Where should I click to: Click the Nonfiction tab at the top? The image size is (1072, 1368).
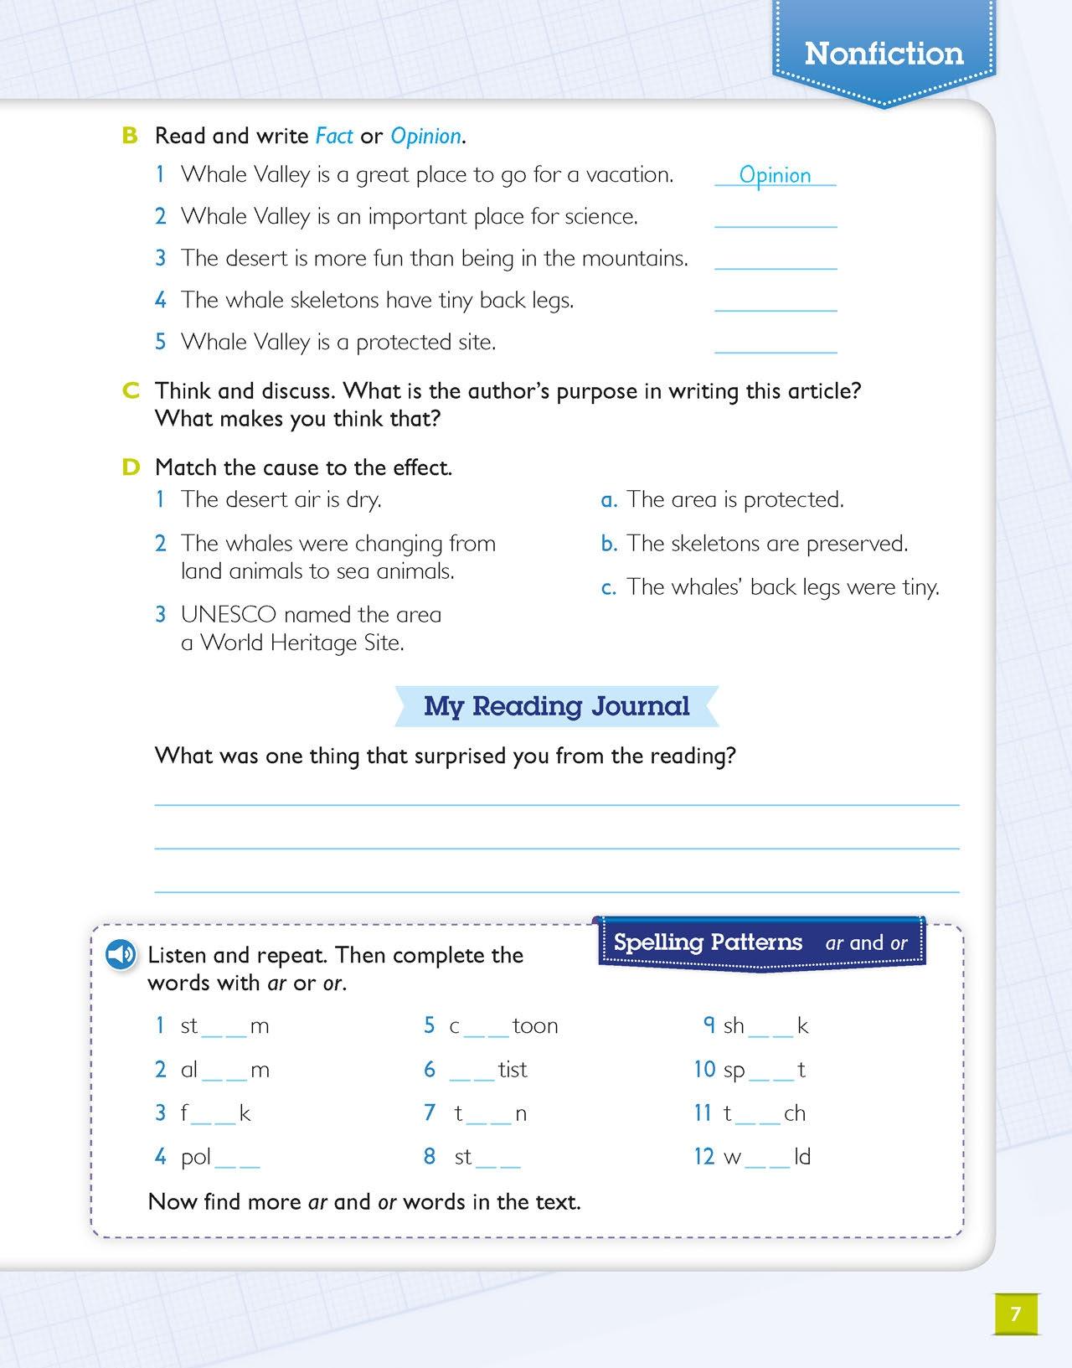click(884, 54)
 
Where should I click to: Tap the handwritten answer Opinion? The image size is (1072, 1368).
click(775, 175)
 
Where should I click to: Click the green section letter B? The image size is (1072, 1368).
click(129, 136)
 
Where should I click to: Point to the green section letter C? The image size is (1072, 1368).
click(130, 391)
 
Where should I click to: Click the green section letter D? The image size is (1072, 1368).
click(130, 467)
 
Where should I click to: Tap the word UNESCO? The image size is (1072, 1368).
click(228, 615)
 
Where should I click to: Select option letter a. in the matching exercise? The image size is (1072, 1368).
click(609, 500)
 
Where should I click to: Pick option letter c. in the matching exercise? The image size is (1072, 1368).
click(609, 587)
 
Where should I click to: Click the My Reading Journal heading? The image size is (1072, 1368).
click(556, 706)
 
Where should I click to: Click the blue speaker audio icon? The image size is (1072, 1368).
click(121, 955)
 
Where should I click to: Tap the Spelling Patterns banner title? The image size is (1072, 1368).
click(708, 942)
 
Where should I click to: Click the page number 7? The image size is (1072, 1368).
click(1016, 1313)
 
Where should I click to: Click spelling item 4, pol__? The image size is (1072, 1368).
click(219, 1157)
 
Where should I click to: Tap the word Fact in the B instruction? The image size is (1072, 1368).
click(334, 136)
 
